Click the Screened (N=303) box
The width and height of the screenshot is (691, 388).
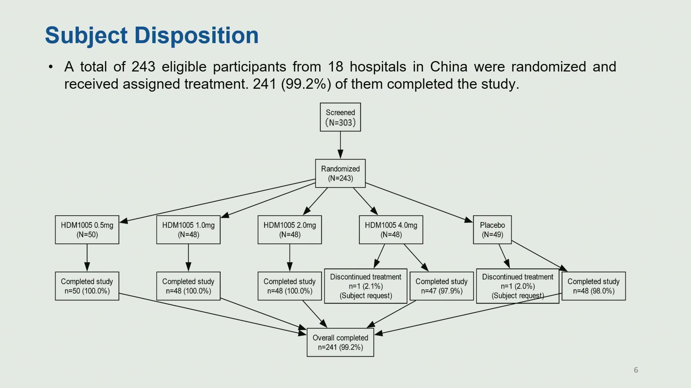(340, 117)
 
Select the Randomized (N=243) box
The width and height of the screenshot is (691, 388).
(340, 174)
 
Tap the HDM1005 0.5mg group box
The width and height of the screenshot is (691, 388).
(87, 230)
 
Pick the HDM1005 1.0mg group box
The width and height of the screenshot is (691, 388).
(188, 230)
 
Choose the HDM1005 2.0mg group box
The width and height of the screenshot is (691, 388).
(290, 230)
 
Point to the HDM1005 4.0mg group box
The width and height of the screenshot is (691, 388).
(391, 230)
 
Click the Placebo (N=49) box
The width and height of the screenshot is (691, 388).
(492, 230)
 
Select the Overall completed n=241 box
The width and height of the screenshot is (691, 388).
(340, 342)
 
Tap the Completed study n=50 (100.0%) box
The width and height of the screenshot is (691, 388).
(87, 286)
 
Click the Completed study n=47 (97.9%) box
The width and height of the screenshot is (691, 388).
(442, 286)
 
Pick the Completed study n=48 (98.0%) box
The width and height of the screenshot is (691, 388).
(594, 286)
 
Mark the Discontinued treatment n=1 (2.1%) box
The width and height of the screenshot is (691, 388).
(366, 286)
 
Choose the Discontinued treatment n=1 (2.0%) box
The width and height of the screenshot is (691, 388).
(518, 286)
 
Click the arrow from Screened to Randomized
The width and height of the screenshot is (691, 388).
(340, 145)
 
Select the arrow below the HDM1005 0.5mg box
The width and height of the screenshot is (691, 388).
(87, 258)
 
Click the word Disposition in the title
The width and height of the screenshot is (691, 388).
(197, 36)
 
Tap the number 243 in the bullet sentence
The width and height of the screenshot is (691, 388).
(143, 67)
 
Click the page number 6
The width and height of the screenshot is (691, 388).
(636, 370)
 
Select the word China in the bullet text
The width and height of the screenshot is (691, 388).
(449, 67)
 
